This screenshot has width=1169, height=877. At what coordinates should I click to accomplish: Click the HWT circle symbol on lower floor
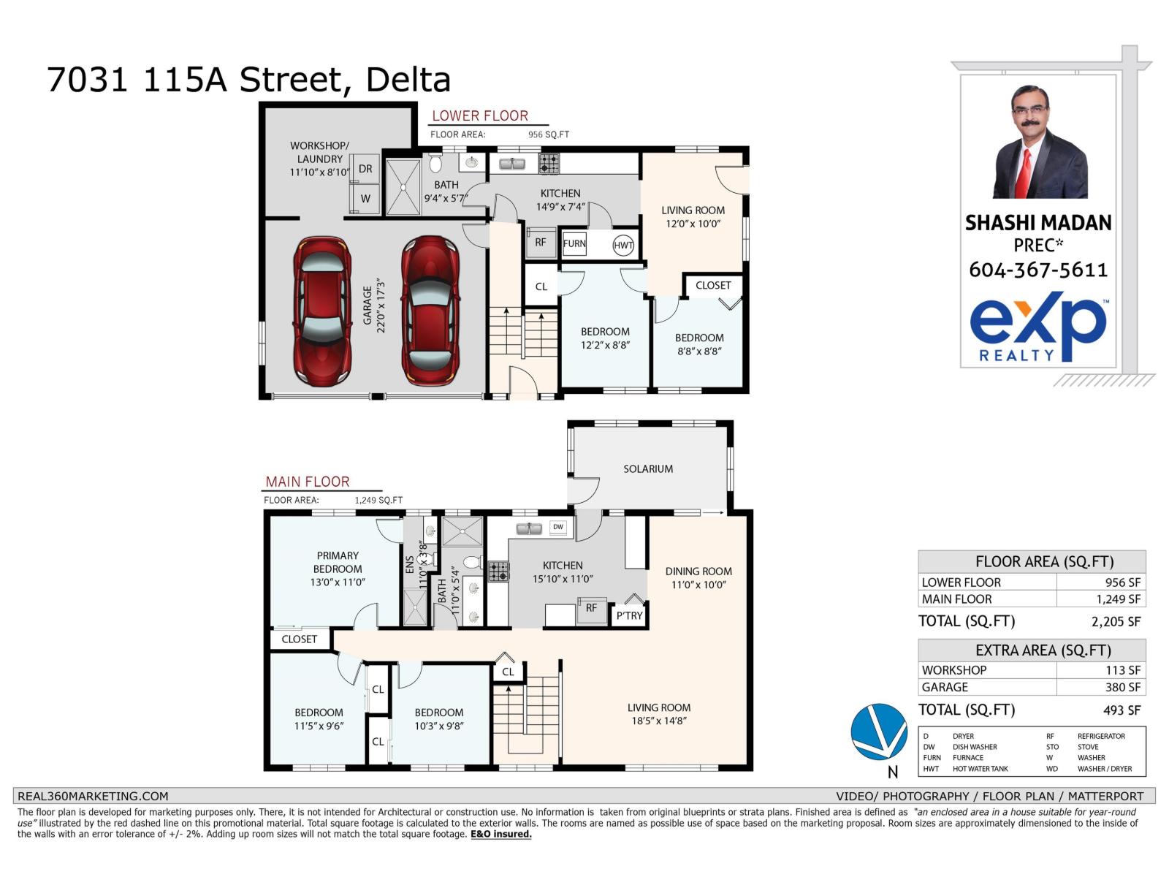(x=623, y=245)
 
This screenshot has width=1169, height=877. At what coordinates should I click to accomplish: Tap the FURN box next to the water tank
(x=574, y=244)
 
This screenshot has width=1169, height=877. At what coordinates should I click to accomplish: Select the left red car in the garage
(x=322, y=311)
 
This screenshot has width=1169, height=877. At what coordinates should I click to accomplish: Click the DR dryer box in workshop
(x=365, y=169)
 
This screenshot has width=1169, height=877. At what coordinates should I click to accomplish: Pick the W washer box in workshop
(x=365, y=199)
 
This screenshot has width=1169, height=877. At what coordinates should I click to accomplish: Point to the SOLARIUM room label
(x=648, y=468)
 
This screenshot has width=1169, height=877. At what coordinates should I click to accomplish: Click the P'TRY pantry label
(x=629, y=615)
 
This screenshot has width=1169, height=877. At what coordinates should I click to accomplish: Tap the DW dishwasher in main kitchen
(x=558, y=527)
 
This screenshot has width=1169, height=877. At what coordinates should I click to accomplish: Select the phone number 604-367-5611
(x=1038, y=270)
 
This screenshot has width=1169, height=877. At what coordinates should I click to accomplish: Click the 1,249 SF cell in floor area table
(x=1118, y=599)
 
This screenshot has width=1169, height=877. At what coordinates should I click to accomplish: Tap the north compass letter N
(x=892, y=772)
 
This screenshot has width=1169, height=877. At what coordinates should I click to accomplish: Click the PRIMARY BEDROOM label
(x=338, y=562)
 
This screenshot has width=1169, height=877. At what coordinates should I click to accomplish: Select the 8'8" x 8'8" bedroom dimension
(x=699, y=351)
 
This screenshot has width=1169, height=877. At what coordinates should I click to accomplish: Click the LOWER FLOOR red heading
(x=480, y=115)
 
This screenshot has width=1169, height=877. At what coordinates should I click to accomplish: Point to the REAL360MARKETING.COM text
(x=93, y=796)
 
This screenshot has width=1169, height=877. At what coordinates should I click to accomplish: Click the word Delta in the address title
(x=408, y=80)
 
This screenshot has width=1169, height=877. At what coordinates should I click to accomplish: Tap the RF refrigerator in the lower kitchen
(x=541, y=243)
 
